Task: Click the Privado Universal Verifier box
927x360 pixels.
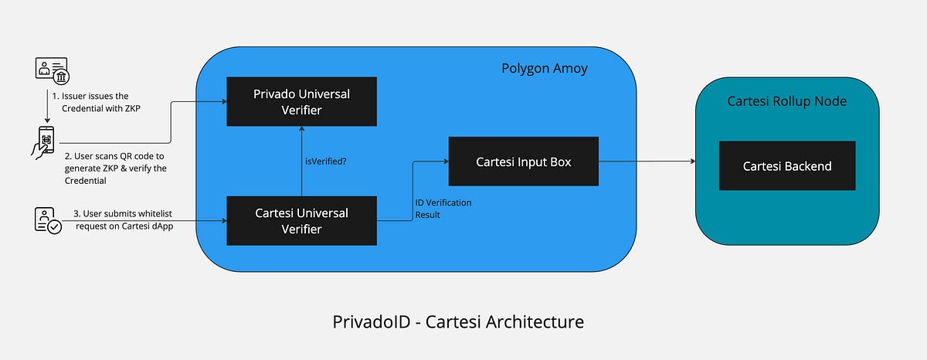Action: click(301, 101)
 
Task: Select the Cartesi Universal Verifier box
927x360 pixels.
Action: click(301, 220)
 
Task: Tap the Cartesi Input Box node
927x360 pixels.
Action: click(524, 161)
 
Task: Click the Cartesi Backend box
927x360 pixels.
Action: click(786, 165)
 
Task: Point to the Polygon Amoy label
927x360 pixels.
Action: click(544, 69)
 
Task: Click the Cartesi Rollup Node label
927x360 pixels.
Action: click(786, 101)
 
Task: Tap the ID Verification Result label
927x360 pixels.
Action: click(443, 209)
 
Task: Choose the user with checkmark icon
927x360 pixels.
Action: click(47, 221)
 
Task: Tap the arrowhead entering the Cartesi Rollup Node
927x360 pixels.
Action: click(692, 161)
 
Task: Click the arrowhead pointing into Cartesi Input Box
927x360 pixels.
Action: click(446, 161)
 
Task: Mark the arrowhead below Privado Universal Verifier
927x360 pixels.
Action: click(301, 130)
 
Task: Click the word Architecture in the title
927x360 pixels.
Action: click(538, 320)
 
